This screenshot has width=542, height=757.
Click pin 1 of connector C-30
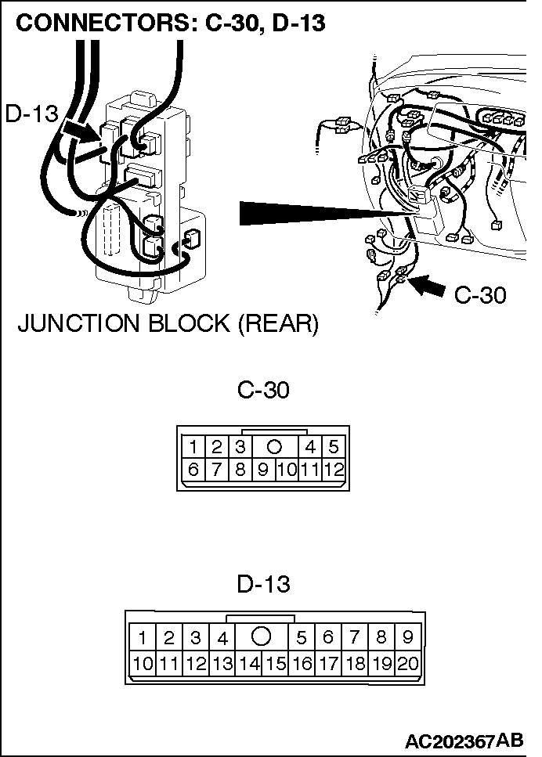193,448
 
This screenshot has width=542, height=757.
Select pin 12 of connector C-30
334,470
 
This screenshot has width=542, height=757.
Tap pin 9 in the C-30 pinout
263,470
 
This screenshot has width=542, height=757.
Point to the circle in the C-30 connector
274,448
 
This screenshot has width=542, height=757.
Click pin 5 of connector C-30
334,448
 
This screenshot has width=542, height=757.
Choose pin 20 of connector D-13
408,665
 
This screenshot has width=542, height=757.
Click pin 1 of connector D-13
143,638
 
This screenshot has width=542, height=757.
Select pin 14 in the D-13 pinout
249,665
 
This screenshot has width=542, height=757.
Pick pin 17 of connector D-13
328,665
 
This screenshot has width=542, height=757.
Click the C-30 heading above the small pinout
263,389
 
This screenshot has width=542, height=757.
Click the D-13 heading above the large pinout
263,583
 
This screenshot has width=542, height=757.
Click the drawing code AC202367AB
465,740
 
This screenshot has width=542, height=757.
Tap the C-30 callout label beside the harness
480,294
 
